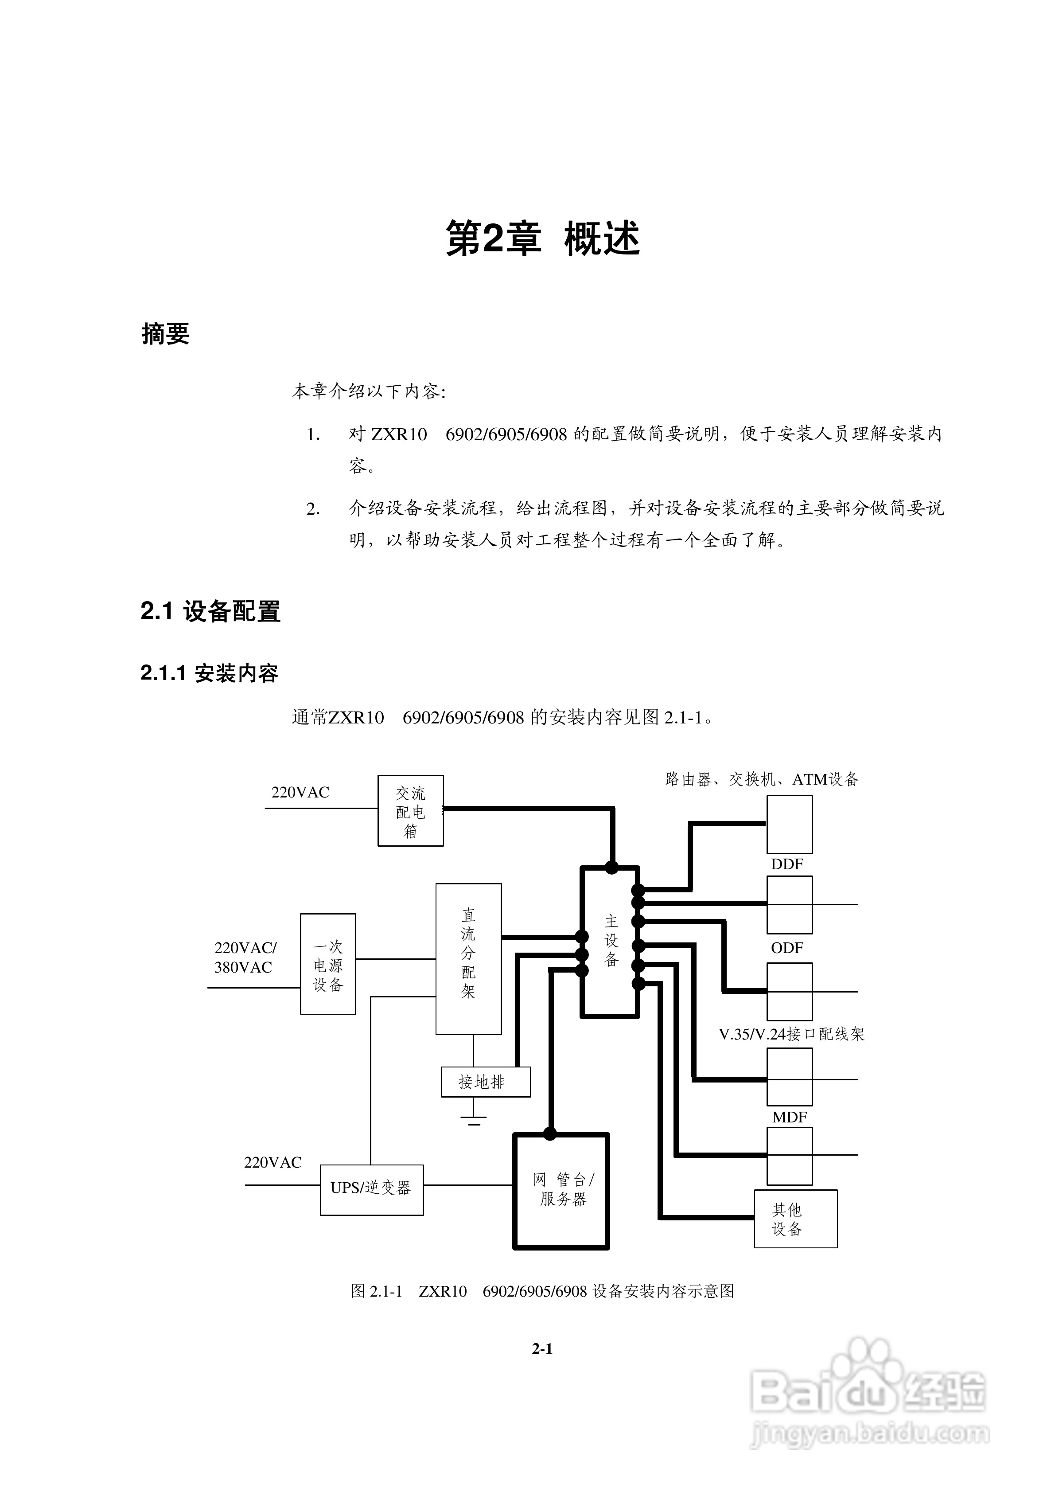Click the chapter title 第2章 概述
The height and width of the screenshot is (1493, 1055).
542,238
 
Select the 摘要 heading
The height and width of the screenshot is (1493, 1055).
166,334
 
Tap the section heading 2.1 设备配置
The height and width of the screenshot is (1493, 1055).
210,611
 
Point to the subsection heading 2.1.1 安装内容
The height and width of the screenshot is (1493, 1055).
209,673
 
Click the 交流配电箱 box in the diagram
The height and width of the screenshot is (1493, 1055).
410,811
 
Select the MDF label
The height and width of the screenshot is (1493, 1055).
789,1117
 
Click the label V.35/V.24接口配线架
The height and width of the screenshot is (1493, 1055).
791,1034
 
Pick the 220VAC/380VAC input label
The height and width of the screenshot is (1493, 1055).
245,957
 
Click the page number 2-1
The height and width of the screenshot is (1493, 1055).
542,1349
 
